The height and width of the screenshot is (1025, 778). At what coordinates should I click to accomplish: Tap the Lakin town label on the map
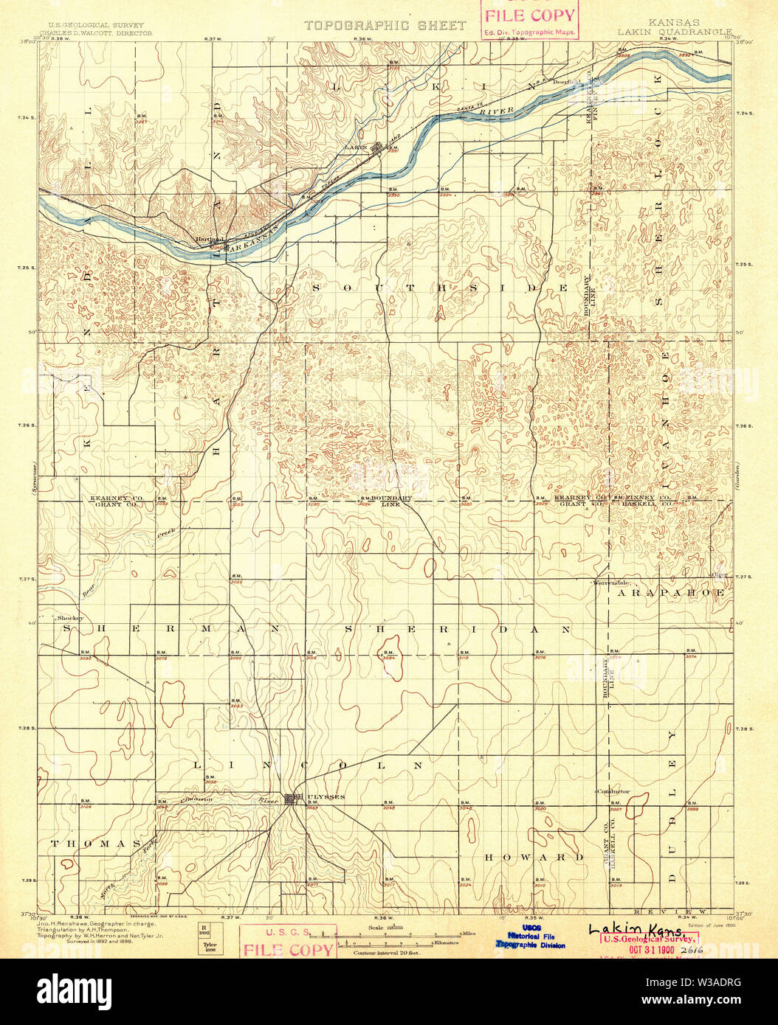356,147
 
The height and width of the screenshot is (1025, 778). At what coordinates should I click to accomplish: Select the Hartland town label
209,240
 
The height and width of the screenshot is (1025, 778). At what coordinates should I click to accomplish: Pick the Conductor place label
613,791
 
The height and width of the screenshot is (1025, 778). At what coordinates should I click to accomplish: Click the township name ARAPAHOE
671,592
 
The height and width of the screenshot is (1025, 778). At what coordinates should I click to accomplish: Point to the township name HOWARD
534,857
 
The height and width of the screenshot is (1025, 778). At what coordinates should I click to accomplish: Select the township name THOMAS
95,843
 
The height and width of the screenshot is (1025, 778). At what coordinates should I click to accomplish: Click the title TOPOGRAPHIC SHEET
385,26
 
